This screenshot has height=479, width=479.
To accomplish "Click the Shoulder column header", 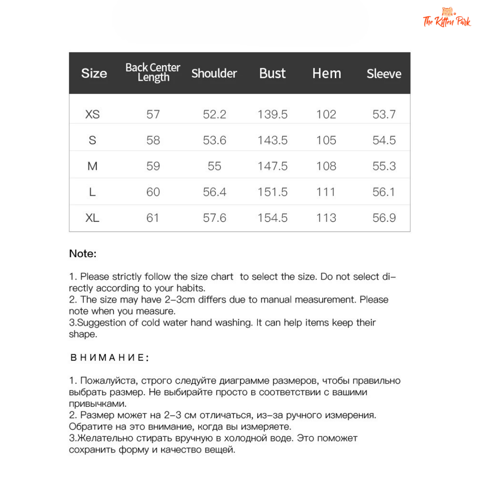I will pyautogui.click(x=214, y=73).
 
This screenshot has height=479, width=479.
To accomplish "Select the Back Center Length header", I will pyautogui.click(x=153, y=72).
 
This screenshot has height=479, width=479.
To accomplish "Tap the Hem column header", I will pyautogui.click(x=326, y=73).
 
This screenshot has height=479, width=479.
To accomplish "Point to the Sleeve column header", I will pyautogui.click(x=384, y=74).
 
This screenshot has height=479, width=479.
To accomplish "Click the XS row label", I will pyautogui.click(x=92, y=114).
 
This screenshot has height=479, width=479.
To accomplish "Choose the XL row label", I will pyautogui.click(x=92, y=218).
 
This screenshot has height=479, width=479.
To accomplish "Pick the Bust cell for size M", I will pyautogui.click(x=272, y=166).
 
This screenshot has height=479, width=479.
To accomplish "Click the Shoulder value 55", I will pyautogui.click(x=214, y=166).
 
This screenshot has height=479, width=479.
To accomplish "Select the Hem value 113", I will pyautogui.click(x=326, y=218).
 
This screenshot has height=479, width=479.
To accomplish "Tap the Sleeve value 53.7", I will pyautogui.click(x=384, y=114).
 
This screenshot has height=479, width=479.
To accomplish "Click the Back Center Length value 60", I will pyautogui.click(x=153, y=192).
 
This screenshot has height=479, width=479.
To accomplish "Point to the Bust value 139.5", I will pyautogui.click(x=272, y=114).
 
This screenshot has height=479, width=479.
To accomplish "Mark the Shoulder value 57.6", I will pyautogui.click(x=214, y=218).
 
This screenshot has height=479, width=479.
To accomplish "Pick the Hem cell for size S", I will pyautogui.click(x=326, y=140).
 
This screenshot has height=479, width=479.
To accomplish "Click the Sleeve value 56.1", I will pyautogui.click(x=384, y=192).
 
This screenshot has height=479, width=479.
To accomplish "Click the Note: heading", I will pyautogui.click(x=82, y=254).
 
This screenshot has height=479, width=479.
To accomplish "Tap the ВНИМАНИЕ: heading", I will pyautogui.click(x=110, y=357).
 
